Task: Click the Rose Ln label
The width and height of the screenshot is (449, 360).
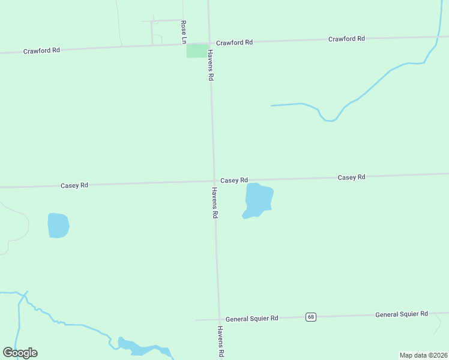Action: pyautogui.click(x=184, y=32)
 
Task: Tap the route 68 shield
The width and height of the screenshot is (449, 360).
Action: pyautogui.click(x=310, y=317)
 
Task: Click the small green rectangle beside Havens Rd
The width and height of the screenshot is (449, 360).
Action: pyautogui.click(x=196, y=51)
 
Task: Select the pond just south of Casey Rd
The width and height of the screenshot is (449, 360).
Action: pyautogui.click(x=259, y=199)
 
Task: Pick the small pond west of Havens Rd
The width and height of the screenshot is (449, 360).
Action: pyautogui.click(x=58, y=226)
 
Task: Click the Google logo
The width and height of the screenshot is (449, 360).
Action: pyautogui.click(x=20, y=353)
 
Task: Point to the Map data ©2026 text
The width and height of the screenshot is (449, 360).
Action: pyautogui.click(x=423, y=355)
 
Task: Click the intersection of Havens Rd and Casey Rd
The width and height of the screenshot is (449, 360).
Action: pyautogui.click(x=214, y=181)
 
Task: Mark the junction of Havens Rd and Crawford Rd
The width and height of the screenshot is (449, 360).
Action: pyautogui.click(x=209, y=43)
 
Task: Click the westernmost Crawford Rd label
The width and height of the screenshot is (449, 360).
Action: pyautogui.click(x=41, y=51)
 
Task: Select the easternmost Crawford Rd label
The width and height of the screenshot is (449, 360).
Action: pyautogui.click(x=346, y=39)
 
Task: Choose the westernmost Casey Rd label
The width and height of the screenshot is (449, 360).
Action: pyautogui.click(x=74, y=185)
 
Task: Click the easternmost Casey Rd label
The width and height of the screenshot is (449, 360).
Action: pyautogui.click(x=351, y=178)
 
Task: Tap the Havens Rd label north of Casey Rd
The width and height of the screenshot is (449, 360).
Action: pyautogui.click(x=211, y=65)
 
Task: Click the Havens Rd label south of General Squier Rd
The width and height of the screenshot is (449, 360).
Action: pyautogui.click(x=220, y=342)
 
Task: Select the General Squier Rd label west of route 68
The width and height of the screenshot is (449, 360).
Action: pyautogui.click(x=252, y=319)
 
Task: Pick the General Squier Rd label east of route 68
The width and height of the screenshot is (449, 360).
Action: pyautogui.click(x=402, y=314)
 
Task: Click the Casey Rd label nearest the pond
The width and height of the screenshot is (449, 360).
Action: pyautogui.click(x=234, y=181)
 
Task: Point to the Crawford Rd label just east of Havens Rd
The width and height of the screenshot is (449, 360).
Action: pyautogui.click(x=234, y=43)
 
